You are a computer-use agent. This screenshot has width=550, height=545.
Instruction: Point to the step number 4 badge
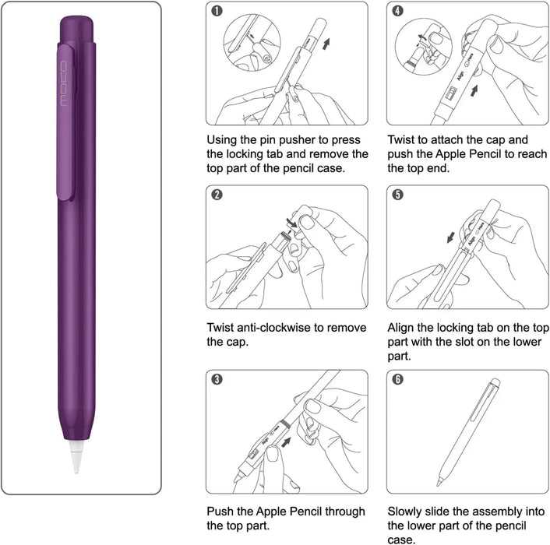point(398,12)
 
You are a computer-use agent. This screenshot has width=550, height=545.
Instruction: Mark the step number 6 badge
point(398,379)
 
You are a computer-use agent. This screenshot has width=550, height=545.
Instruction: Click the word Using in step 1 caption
point(224,139)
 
